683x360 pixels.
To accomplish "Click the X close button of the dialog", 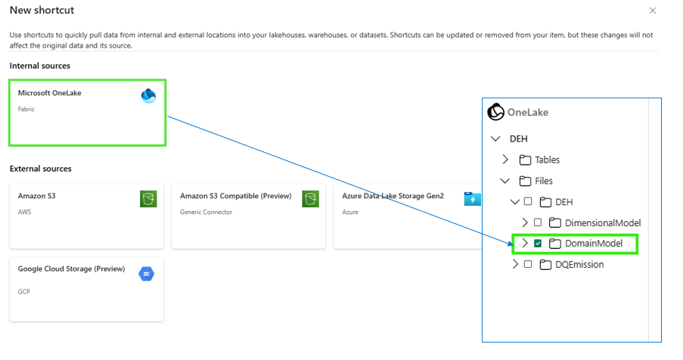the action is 653,11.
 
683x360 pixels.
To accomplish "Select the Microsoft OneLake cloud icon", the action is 148,96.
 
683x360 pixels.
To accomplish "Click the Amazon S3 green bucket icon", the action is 148,199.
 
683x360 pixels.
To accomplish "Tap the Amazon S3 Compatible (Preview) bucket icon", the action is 311,199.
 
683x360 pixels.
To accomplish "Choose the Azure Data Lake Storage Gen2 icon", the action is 472,199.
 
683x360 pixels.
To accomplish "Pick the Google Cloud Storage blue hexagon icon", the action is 147,274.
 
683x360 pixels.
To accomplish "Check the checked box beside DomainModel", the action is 538,244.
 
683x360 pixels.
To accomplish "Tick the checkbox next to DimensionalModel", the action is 538,222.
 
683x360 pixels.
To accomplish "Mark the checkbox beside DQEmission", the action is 528,264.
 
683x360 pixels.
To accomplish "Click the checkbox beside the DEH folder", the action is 528,201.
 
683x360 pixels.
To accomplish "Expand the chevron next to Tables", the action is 505,160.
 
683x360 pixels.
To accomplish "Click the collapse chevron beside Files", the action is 504,181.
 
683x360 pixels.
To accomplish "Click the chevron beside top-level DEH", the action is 495,139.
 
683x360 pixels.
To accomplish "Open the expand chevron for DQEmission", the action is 515,264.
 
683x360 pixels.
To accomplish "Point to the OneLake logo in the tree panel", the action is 495,112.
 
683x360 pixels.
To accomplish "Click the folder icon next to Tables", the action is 526,160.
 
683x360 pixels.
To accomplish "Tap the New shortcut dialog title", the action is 42,10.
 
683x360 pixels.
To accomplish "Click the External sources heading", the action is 41,169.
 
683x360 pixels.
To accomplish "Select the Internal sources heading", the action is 39,66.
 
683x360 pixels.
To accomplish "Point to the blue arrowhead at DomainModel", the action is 511,244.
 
